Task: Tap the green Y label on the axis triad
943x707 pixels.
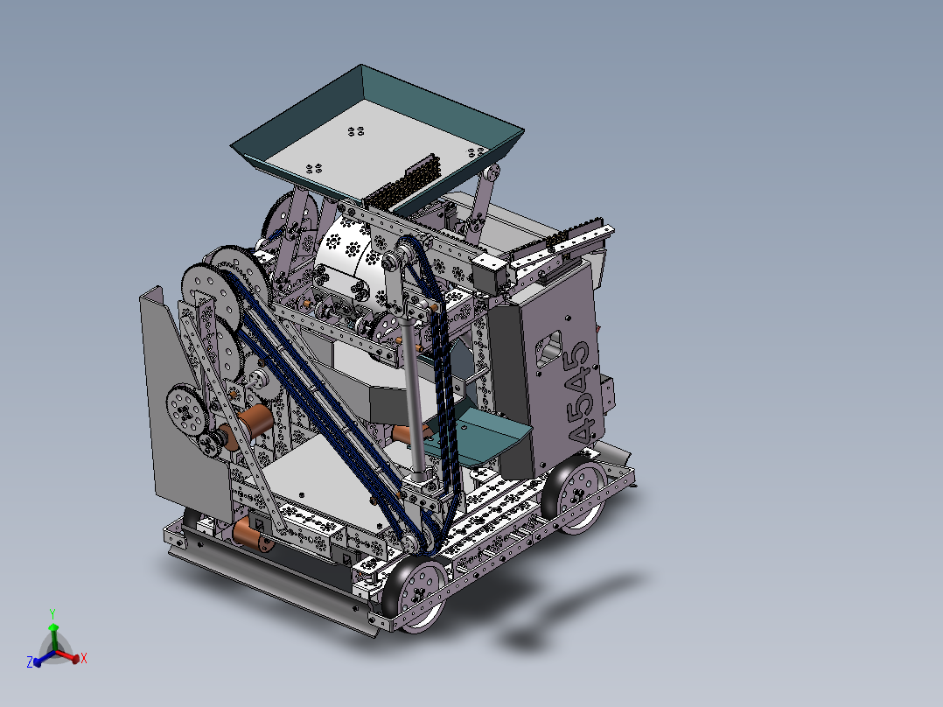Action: [x=52, y=614]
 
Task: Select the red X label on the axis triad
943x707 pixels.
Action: [x=83, y=658]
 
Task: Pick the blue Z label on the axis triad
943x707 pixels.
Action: [x=30, y=662]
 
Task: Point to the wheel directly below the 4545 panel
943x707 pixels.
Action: [x=578, y=494]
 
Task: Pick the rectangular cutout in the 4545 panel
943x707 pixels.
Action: [x=548, y=346]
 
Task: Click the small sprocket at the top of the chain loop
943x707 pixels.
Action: [x=404, y=258]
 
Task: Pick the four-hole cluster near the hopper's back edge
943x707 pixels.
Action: [x=356, y=131]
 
